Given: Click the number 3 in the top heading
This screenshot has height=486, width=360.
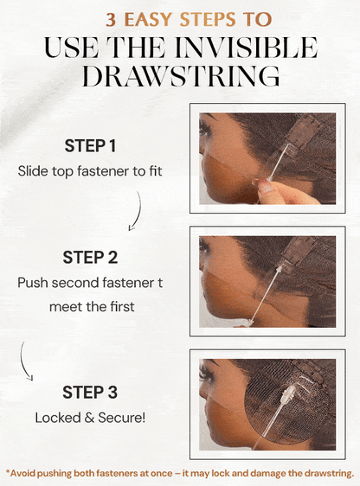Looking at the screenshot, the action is point(111,20).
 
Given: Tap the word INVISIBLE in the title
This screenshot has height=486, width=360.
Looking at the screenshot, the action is point(246,48).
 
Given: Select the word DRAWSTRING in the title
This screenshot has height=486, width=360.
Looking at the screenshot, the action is point(181,76).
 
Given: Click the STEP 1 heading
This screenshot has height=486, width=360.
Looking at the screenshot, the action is point(90,146).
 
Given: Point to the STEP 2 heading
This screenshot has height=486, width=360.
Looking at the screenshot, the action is point(90,258).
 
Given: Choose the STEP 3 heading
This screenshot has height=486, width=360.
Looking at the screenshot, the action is point(90,393).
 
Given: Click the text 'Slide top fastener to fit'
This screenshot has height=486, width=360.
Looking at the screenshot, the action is point(90,171).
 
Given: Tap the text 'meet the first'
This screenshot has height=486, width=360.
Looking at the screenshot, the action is point(92,307).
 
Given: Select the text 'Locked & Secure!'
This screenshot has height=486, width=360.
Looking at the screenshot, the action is point(90,418).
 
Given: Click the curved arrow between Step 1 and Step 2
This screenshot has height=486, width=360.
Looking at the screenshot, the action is point(138,212).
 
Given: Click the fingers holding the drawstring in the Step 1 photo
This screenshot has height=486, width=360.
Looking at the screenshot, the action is point(280,192).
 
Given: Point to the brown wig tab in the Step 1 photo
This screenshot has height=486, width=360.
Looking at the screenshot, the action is point(302,131).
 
